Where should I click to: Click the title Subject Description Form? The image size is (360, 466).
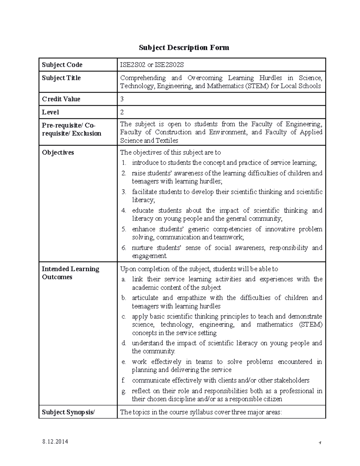(184, 47)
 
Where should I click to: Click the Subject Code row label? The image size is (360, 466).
(62, 65)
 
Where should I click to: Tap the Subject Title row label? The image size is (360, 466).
(61, 78)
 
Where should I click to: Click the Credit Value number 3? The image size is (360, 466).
(122, 99)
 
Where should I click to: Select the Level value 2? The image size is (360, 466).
(122, 112)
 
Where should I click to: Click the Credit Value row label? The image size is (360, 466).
(61, 99)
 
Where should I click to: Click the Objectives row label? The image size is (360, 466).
(58, 152)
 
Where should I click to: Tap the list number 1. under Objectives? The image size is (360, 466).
(124, 163)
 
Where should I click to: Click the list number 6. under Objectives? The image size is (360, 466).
(124, 248)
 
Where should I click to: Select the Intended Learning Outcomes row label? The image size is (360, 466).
(70, 273)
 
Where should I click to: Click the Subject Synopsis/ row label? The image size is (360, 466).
(68, 412)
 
